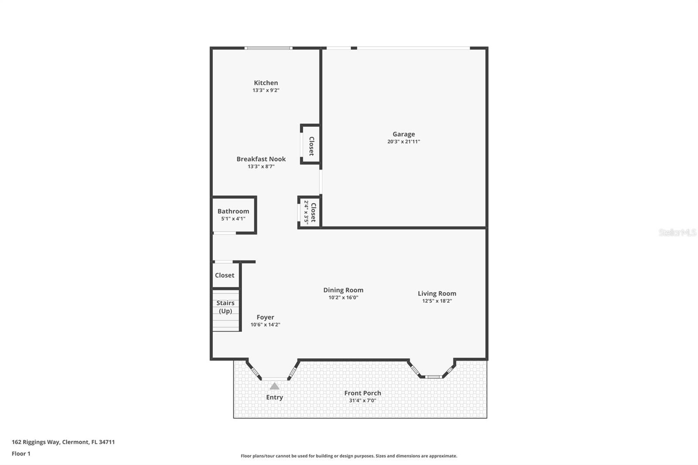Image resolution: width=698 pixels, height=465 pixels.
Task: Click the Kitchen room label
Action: point(266,83)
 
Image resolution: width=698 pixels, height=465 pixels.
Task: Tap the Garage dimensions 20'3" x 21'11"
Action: point(404,142)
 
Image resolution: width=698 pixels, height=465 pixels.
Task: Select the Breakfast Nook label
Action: point(261,159)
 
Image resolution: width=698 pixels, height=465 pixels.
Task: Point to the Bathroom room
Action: point(233,215)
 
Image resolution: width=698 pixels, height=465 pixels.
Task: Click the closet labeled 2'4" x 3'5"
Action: point(310,212)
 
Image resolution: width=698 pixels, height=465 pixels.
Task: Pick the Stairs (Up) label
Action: point(226,307)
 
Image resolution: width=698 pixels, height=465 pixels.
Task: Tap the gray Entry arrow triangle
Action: point(274,386)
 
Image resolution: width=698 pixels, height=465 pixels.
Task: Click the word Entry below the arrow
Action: point(274,397)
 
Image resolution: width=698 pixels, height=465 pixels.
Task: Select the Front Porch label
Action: point(363,393)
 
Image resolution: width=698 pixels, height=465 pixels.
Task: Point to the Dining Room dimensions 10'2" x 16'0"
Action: point(343,297)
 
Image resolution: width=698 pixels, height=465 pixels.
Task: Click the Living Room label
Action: point(437,294)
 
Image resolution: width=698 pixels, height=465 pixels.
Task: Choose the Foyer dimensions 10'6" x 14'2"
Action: point(265,325)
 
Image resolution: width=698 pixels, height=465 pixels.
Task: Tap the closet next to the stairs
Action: point(225,275)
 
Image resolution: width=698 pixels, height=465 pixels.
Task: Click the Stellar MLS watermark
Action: point(677,232)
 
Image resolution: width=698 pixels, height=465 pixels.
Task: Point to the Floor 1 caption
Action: point(21,454)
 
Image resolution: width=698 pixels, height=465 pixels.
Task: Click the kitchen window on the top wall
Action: point(268,48)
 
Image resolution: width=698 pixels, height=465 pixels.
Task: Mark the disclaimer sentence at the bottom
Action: point(349,456)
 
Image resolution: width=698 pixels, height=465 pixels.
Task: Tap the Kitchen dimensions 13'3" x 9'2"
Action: point(266,90)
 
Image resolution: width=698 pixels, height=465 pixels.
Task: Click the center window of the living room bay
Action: point(433,377)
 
